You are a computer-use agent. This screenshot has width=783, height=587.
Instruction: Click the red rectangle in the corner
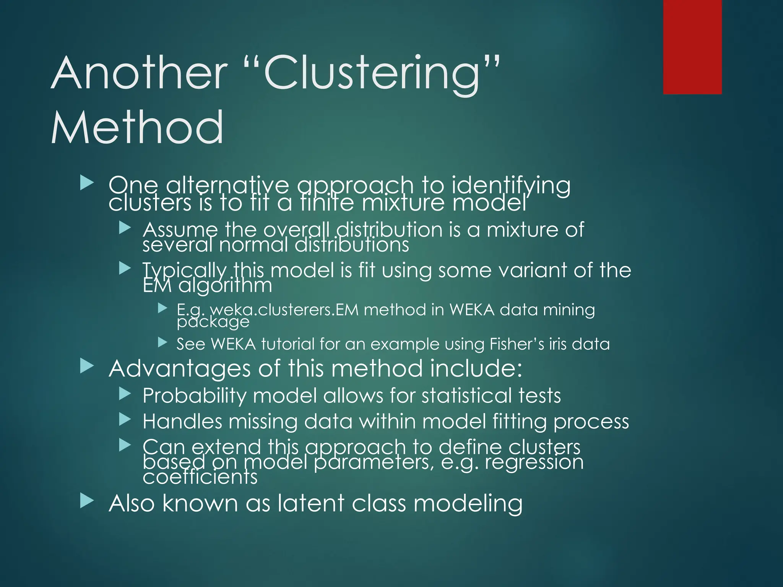(692, 47)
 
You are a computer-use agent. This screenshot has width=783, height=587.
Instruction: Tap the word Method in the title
(137, 128)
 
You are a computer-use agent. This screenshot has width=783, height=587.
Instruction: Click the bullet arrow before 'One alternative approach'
(87, 183)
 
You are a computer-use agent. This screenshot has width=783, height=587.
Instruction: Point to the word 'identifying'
(511, 186)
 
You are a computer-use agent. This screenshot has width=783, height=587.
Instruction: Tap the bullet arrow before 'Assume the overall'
(125, 229)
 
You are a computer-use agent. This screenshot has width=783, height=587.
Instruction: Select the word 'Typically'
(185, 271)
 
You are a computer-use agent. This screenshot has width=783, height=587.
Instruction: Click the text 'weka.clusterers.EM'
(284, 310)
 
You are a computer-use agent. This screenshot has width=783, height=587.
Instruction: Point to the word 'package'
(213, 322)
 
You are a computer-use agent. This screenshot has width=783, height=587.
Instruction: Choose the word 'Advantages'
(180, 369)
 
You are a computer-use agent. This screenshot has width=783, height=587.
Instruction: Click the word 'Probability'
(194, 396)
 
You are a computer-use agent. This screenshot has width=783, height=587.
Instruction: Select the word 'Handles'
(182, 422)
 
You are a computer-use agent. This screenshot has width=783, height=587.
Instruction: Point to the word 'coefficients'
(200, 477)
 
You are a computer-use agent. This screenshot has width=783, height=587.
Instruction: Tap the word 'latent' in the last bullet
(310, 503)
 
